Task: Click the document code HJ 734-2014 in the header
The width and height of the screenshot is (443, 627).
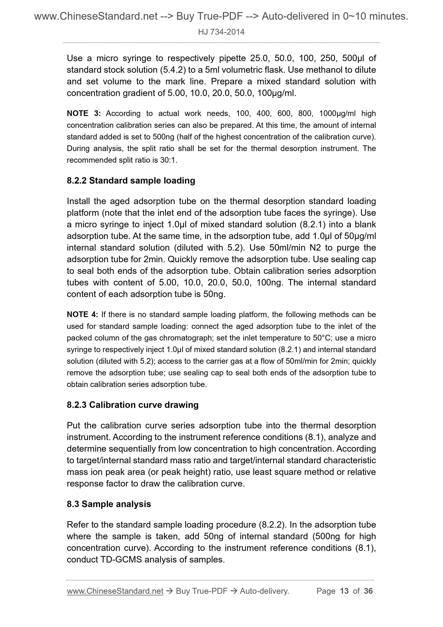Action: (x=221, y=32)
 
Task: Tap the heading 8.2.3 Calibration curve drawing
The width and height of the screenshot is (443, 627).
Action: (x=132, y=404)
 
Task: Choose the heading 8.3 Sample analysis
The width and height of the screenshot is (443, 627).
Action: (x=109, y=504)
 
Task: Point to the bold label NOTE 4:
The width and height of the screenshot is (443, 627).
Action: (x=82, y=315)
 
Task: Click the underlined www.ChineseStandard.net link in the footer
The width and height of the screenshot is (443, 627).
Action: (x=115, y=591)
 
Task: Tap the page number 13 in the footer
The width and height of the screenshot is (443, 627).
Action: (x=344, y=591)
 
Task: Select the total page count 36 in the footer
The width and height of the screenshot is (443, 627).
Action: (x=368, y=591)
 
